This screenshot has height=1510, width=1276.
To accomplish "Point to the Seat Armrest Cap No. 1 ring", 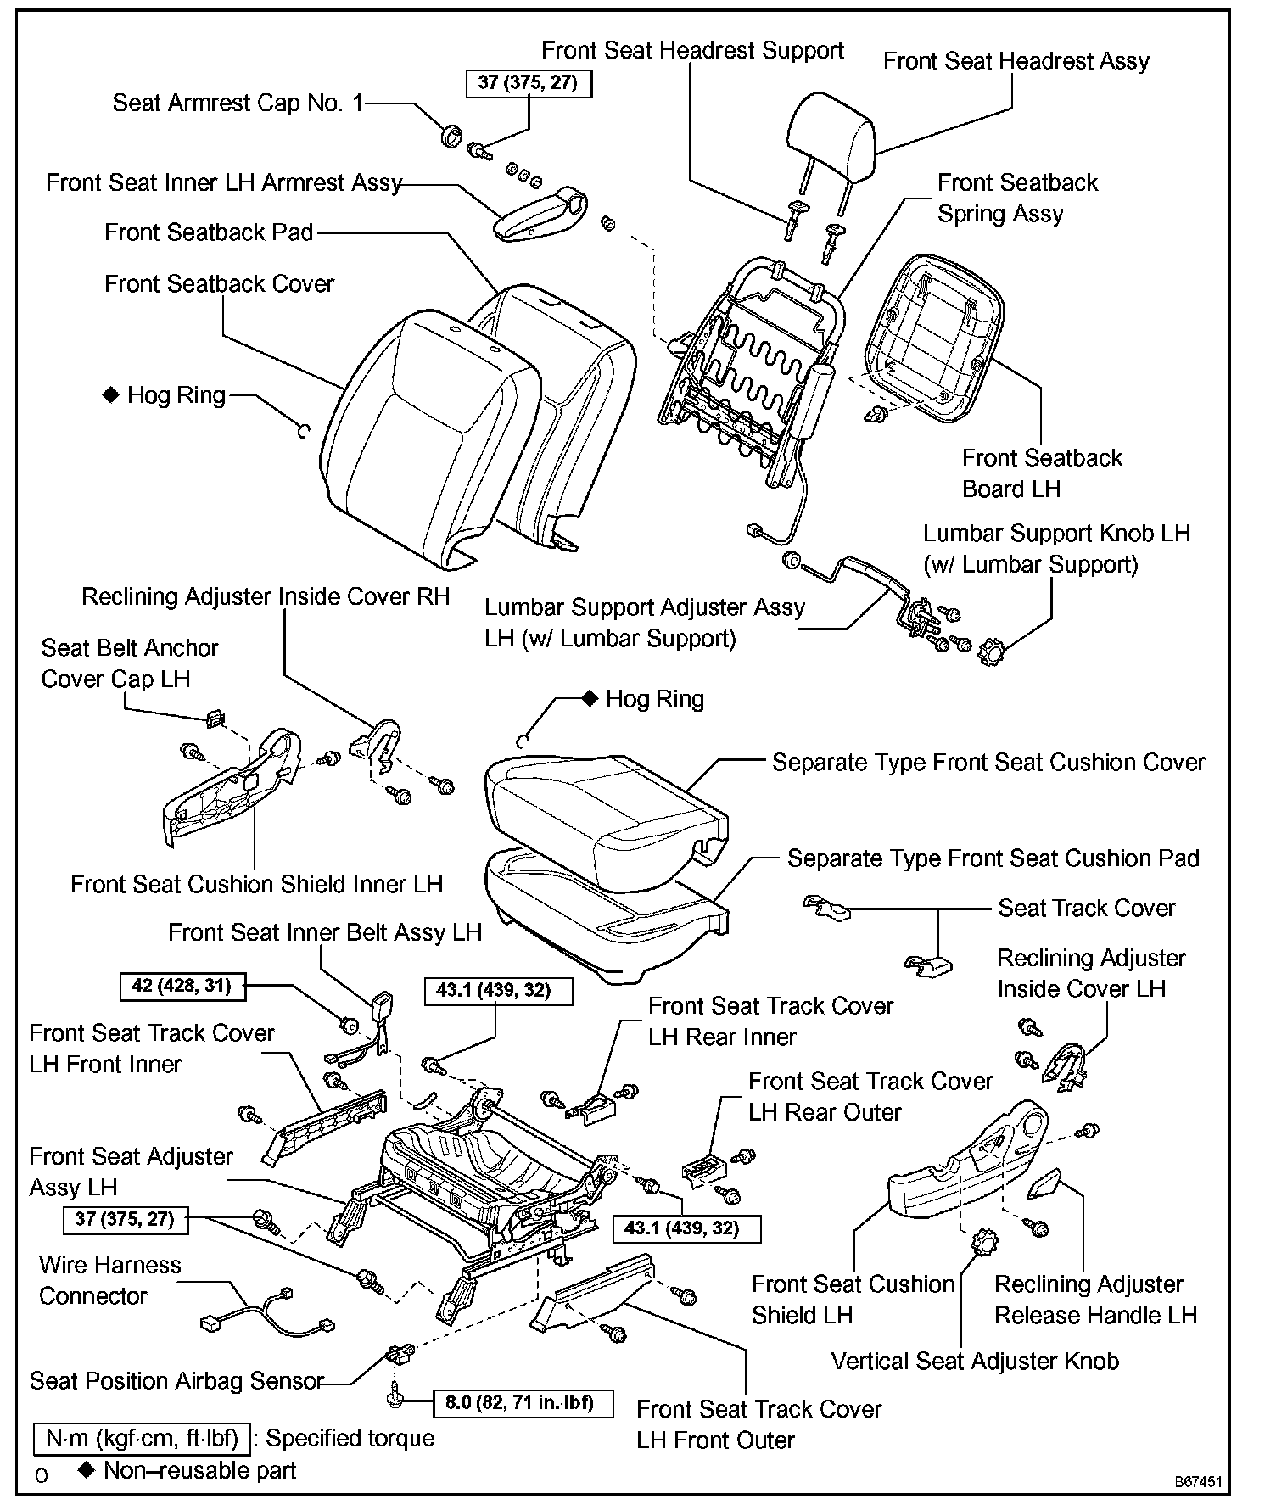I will click(452, 134).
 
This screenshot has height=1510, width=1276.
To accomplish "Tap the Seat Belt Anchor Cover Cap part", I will click(215, 719).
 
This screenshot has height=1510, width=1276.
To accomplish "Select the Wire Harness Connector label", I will click(109, 1280).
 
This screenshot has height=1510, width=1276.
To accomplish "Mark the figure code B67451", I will click(1198, 1482).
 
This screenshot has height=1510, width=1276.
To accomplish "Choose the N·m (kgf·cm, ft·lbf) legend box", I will click(143, 1438).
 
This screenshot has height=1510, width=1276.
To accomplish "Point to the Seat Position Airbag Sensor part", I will click(399, 1354).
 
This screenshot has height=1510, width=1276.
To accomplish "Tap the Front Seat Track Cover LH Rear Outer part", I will click(702, 1168).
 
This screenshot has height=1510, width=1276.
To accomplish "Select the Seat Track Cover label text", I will click(1086, 908).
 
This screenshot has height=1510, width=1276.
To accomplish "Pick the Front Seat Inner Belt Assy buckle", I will click(382, 1009).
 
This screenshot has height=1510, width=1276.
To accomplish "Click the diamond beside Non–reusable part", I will click(86, 1470).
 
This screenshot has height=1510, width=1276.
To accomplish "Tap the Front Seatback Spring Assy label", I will click(1016, 198).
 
